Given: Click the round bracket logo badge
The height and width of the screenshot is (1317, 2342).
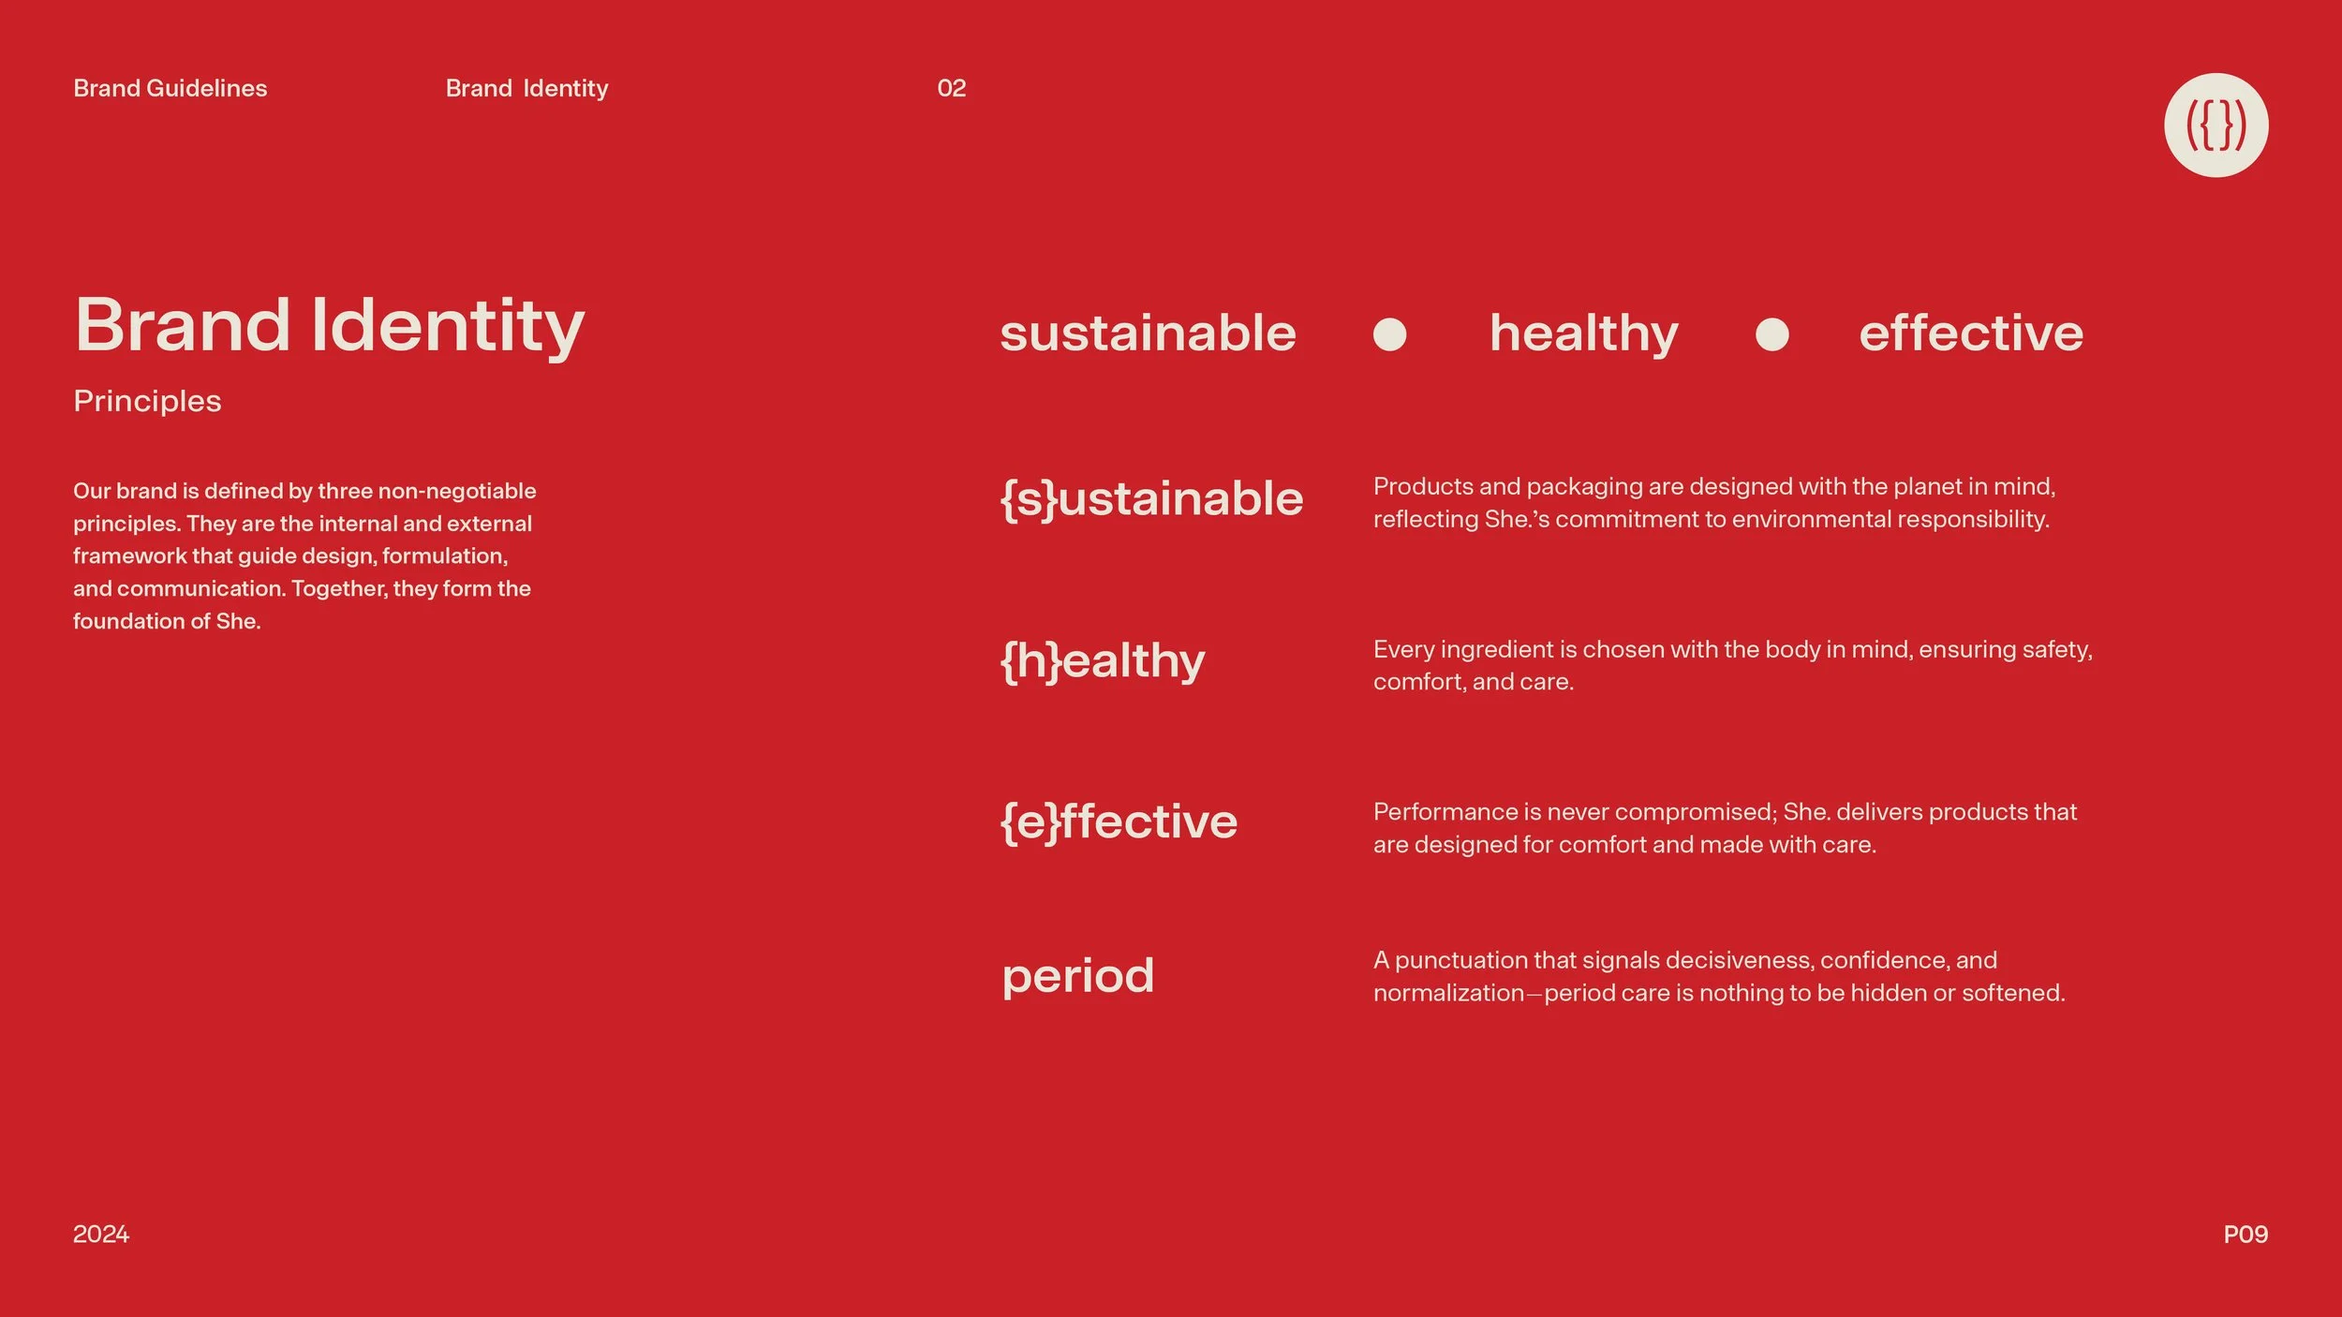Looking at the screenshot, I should click(2216, 126).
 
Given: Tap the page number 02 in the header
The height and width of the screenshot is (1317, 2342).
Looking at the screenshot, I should click(951, 88).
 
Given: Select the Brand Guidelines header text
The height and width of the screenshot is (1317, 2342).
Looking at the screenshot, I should click(170, 88).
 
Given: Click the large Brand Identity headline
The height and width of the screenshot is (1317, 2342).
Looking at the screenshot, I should click(329, 326).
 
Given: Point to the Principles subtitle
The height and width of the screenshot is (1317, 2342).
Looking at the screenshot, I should click(147, 401).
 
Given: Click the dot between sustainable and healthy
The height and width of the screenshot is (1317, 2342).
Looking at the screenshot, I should click(1389, 334).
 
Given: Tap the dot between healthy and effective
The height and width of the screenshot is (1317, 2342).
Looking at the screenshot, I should click(1771, 334).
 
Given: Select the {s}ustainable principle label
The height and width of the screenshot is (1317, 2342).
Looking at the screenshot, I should click(1151, 498).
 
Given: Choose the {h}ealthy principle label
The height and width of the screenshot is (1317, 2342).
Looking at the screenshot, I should click(1103, 661).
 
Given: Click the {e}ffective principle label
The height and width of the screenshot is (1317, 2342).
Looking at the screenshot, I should click(1119, 822).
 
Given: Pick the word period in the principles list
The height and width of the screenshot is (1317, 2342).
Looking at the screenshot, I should click(1077, 976).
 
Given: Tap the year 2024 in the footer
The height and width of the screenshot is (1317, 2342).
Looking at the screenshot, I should click(101, 1235).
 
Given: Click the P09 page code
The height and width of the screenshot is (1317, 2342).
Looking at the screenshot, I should click(2246, 1235).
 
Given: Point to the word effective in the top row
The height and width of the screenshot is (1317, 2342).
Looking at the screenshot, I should click(1971, 333).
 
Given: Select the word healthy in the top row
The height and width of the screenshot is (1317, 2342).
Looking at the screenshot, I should click(1583, 334).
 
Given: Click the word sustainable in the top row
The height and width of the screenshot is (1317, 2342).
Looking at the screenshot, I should click(1148, 333).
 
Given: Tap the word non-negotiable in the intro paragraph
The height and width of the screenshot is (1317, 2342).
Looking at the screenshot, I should click(456, 491).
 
